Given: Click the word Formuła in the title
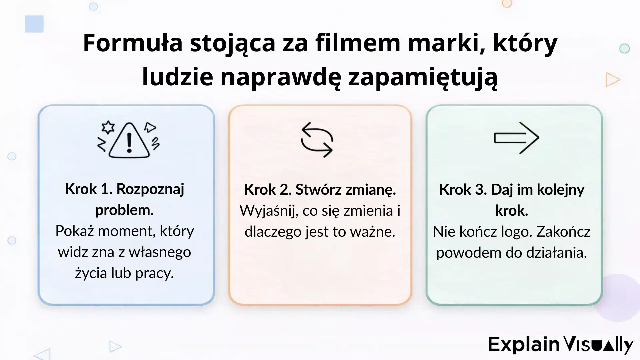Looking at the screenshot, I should (x=133, y=43).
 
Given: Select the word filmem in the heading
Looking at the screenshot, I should (x=358, y=43).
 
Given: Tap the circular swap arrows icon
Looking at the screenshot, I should (x=317, y=140).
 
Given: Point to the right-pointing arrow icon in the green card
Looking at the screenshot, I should (x=516, y=138).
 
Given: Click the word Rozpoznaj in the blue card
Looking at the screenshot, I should (x=150, y=189).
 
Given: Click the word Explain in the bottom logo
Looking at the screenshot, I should (x=524, y=344).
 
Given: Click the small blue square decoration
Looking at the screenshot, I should (x=34, y=24).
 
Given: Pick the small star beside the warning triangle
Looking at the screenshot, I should (x=108, y=127).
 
